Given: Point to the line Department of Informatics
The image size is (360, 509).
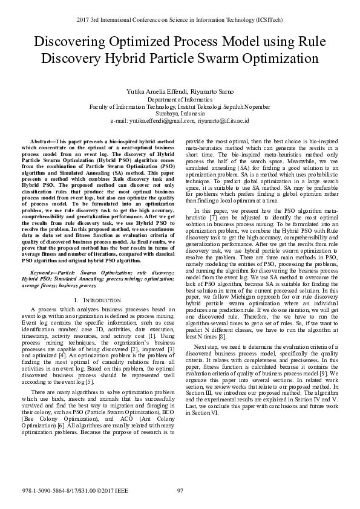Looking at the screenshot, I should coord(180,99).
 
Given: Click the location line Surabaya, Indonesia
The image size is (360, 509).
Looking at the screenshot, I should coord(180,113).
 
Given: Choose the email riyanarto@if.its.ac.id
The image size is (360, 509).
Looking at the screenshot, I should coord(223,120).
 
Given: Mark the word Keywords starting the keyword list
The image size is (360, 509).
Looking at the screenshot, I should coord(45,274).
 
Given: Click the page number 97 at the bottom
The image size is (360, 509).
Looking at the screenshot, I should coord(180,490).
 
